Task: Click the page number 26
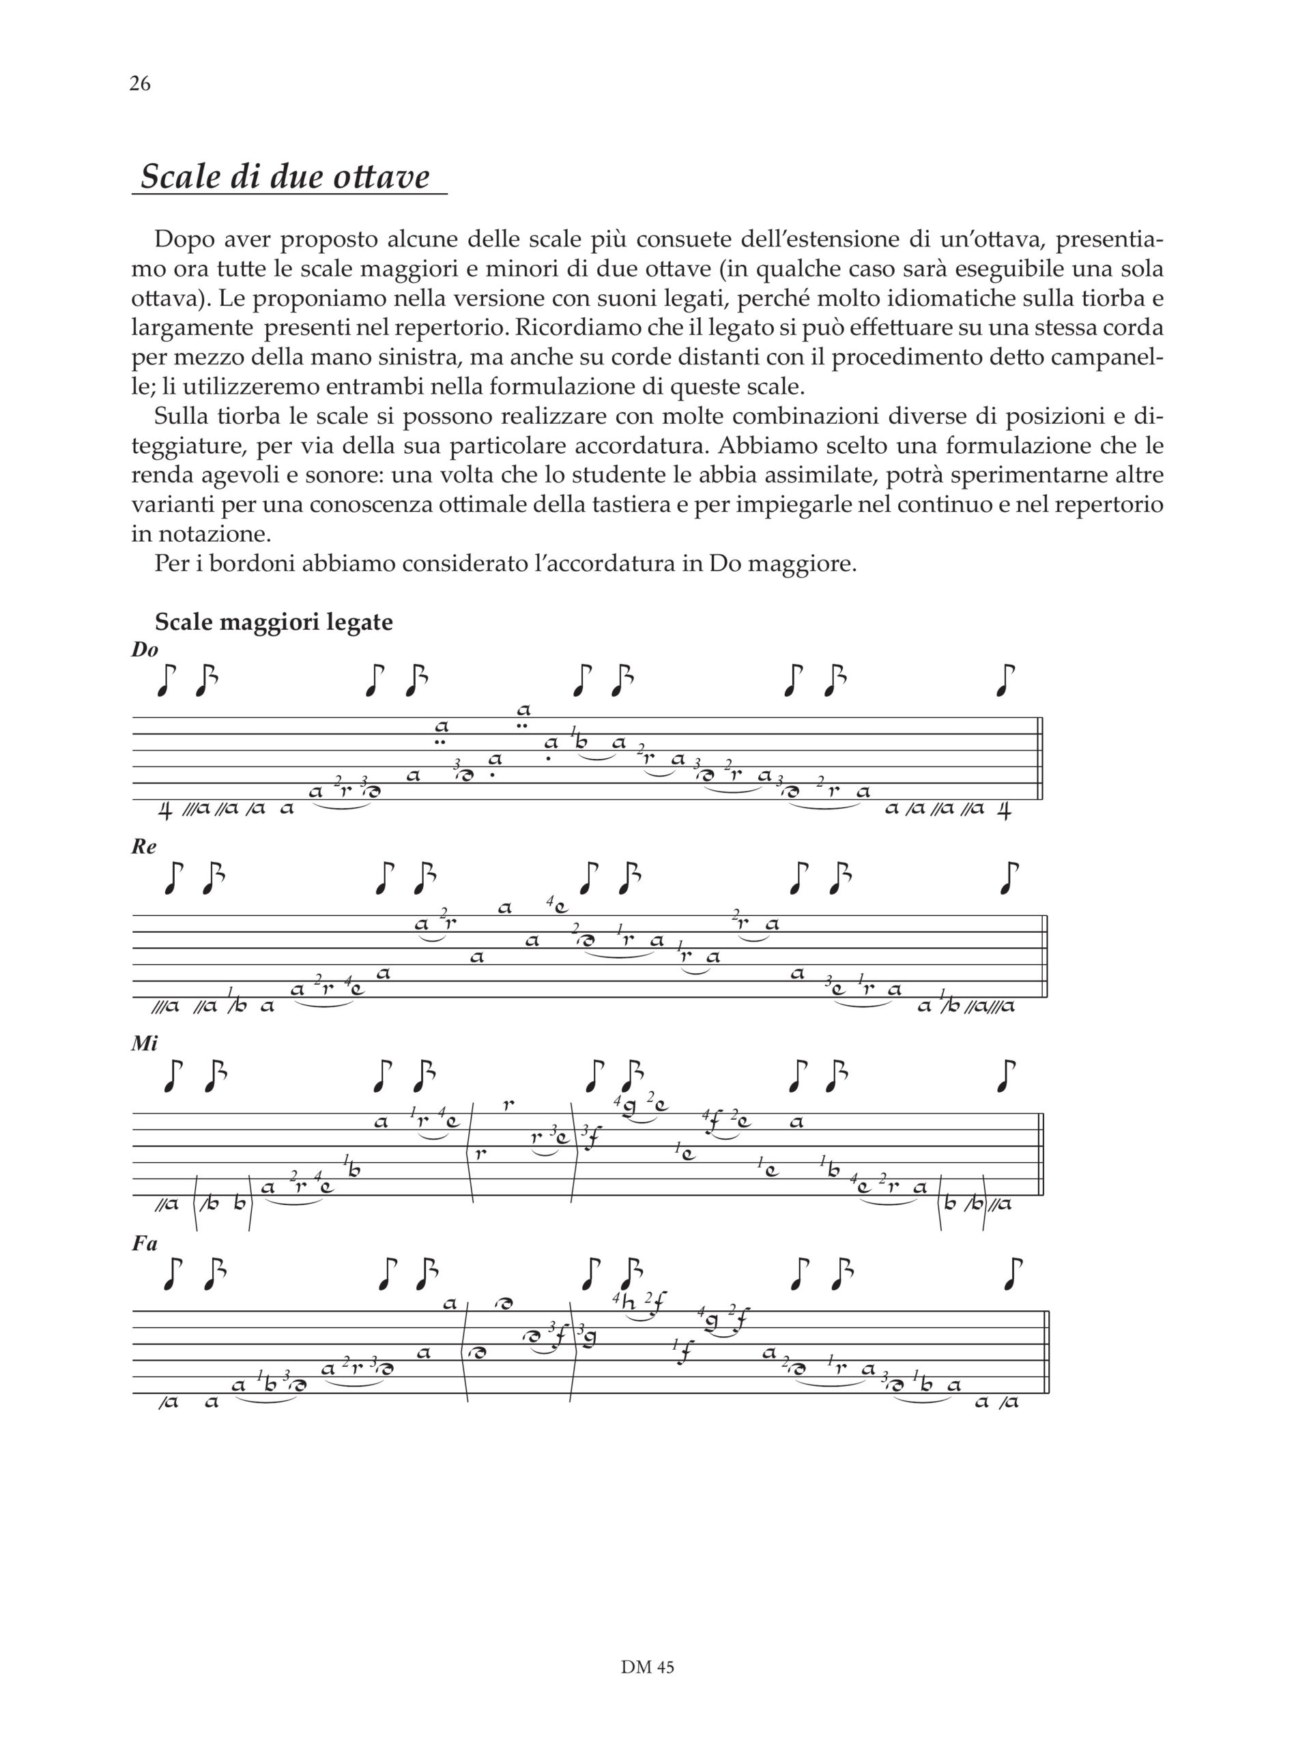[140, 84]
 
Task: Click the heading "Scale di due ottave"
[285, 177]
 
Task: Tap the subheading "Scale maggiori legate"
[274, 622]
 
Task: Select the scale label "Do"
[145, 650]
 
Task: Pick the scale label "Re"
[145, 847]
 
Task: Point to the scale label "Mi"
[145, 1044]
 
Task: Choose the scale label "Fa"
[145, 1243]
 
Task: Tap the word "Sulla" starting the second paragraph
[182, 416]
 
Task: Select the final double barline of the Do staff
[1040, 759]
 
